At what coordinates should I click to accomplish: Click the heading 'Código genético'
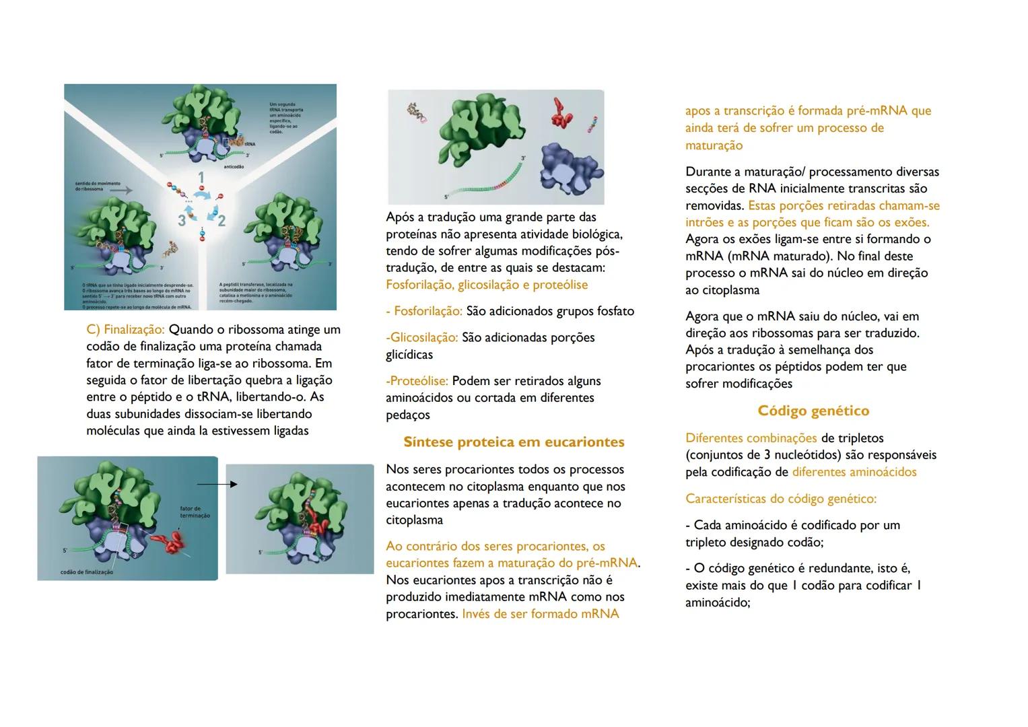click(813, 411)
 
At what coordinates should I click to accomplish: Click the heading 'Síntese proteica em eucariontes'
click(514, 442)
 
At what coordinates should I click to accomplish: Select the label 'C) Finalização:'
click(126, 330)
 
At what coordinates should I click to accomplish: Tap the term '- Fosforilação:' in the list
click(424, 312)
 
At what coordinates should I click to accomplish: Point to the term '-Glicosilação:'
click(422, 337)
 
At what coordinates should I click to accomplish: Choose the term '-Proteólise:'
click(417, 381)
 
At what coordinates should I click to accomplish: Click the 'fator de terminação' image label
click(195, 512)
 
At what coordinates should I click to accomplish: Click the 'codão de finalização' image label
click(86, 572)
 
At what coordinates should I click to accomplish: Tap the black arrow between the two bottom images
click(217, 483)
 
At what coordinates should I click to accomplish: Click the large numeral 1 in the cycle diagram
click(201, 178)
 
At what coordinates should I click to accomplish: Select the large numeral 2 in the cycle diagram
click(221, 220)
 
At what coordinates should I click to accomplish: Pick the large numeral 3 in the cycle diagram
click(182, 220)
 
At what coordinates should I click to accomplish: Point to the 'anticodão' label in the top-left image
click(233, 166)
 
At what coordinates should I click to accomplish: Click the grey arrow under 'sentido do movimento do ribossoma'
click(121, 191)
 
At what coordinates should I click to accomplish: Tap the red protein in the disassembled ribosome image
click(561, 112)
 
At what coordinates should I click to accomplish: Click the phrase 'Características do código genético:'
click(780, 499)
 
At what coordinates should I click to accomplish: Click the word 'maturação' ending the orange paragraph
click(714, 145)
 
